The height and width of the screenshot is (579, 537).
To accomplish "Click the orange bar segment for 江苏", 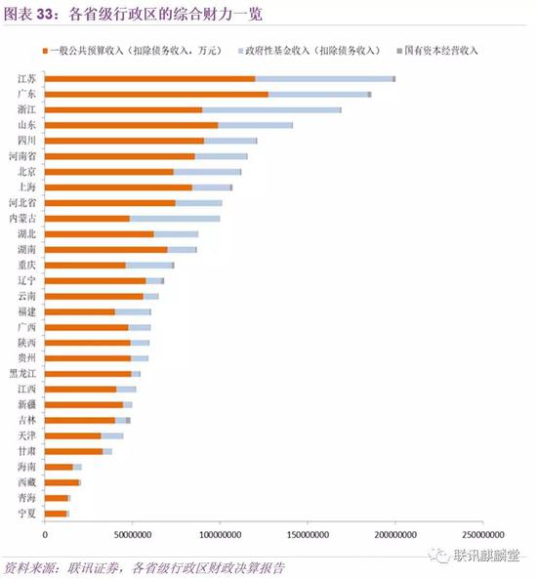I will (x=150, y=78).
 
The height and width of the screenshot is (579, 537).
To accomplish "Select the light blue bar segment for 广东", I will (x=318, y=94).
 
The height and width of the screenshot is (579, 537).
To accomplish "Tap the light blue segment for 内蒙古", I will (x=175, y=218).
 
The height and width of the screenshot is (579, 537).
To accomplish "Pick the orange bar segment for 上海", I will (x=119, y=186).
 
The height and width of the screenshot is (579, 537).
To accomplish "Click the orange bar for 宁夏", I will (x=56, y=513).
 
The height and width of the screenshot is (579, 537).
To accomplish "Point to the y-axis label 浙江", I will (x=27, y=109).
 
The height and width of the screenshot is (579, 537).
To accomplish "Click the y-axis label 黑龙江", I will (x=23, y=373).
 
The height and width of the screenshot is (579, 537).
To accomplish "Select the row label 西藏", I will (x=27, y=481).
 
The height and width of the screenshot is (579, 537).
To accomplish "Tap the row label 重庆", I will (x=27, y=265).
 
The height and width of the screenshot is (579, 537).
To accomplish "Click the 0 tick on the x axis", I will (x=45, y=534).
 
